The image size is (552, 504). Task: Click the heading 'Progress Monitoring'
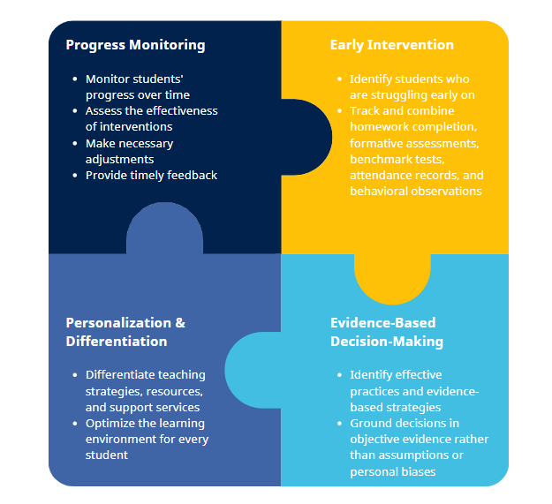tap(135, 45)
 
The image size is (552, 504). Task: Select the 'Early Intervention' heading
tap(391, 45)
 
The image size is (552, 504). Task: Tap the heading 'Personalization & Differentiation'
tap(125, 332)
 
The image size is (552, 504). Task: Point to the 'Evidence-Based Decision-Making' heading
tap(387, 332)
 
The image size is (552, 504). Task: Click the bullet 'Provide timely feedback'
tap(151, 175)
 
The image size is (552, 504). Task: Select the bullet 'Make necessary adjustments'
tap(130, 151)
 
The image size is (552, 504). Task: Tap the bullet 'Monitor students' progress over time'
tap(138, 87)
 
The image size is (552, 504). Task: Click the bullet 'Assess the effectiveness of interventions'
tap(151, 118)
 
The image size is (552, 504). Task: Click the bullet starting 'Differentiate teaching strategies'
tap(146, 391)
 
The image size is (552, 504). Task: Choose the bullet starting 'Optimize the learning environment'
tap(147, 439)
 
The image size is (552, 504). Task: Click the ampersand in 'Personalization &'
tap(180, 323)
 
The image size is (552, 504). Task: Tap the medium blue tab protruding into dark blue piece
tap(164, 228)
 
